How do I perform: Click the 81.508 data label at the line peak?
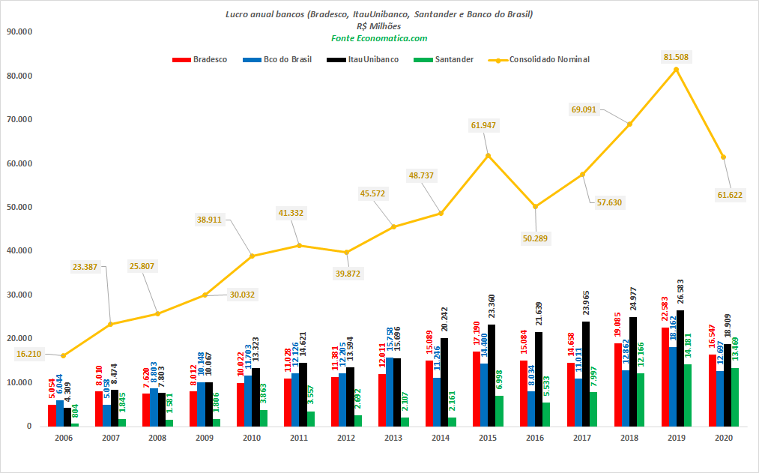tap(676, 57)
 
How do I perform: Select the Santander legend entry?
tap(444, 59)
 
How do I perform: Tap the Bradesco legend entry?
tap(199, 59)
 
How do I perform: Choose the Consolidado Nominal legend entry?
tap(539, 59)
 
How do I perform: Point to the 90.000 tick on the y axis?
tap(19, 32)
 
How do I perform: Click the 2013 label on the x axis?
tap(393, 438)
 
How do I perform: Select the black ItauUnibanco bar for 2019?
tap(680, 368)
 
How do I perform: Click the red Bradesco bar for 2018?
tap(617, 385)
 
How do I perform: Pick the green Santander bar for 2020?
tap(735, 397)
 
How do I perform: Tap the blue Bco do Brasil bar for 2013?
tap(389, 392)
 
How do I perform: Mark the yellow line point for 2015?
tap(488, 155)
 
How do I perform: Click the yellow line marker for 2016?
tap(535, 206)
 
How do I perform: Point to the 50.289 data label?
tap(535, 238)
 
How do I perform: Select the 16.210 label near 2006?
tap(28, 354)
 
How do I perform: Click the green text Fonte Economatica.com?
tap(379, 38)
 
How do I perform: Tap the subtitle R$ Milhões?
tap(378, 26)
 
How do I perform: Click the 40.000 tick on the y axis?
tap(19, 251)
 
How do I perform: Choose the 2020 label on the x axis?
tap(723, 438)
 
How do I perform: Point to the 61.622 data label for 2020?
tap(730, 195)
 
